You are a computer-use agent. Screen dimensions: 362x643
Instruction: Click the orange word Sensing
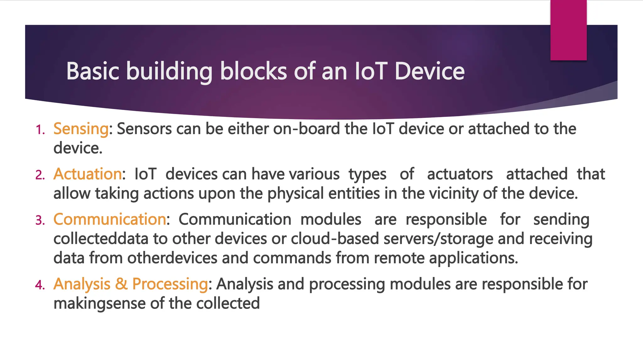tap(81, 129)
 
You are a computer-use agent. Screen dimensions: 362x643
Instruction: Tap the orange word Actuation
tap(88, 174)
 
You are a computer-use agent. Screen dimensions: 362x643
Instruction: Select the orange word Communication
tap(110, 219)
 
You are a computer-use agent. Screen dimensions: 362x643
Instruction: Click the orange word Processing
tap(170, 284)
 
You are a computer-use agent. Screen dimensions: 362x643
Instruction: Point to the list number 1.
tap(40, 130)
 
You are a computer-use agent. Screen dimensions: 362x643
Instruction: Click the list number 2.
tap(40, 175)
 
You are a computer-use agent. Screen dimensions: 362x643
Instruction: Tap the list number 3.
tap(40, 220)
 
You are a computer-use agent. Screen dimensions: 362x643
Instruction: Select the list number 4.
tap(40, 285)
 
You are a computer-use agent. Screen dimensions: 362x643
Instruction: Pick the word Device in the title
tap(429, 71)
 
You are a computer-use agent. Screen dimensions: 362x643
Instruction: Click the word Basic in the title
tap(93, 71)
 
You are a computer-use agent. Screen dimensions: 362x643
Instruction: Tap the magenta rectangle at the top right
tap(568, 30)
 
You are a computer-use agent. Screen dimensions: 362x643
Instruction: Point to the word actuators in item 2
tap(460, 174)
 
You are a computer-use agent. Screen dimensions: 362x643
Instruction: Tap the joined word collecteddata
tap(100, 239)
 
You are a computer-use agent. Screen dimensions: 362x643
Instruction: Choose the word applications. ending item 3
tap(473, 258)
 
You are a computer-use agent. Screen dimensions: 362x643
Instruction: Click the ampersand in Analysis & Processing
tap(121, 284)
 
